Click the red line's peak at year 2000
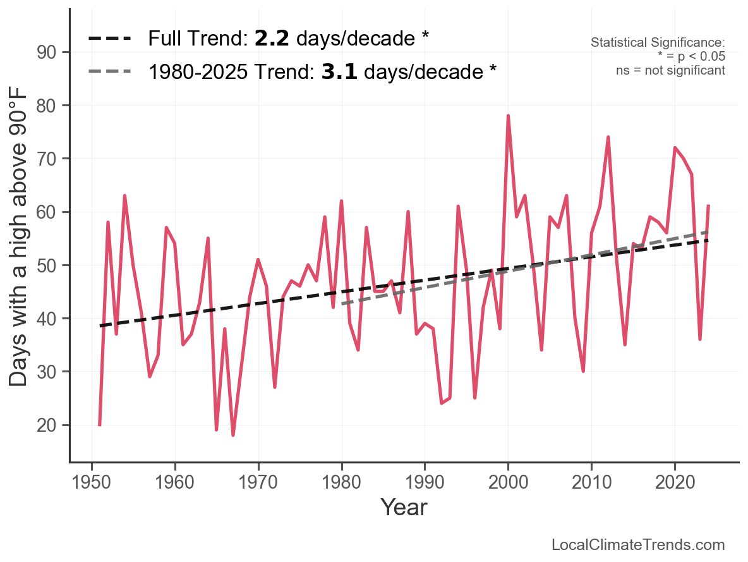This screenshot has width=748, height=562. pos(508,116)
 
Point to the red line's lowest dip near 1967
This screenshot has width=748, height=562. pos(233,435)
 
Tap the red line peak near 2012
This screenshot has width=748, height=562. pos(608,137)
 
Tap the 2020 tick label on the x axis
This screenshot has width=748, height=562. pos(675,482)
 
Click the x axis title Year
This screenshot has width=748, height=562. pos(404,508)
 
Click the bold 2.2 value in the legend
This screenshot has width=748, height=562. pos(272,39)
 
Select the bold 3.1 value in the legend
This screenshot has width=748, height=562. pos(339,71)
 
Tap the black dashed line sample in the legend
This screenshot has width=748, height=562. pos(109,39)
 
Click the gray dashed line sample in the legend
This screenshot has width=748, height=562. pos(109,71)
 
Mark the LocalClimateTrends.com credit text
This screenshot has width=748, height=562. pos(638,545)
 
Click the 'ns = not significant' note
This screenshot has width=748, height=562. pos(670,70)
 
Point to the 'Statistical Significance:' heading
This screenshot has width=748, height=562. pos(658,42)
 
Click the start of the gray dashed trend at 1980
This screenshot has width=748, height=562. pos(342,304)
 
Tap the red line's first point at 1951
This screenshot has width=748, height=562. pos(100,424)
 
